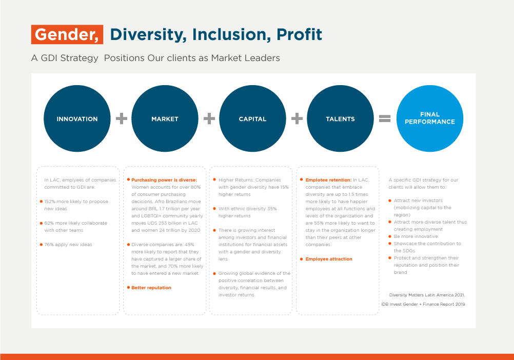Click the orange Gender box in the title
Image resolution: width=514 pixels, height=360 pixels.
pyautogui.click(x=67, y=34)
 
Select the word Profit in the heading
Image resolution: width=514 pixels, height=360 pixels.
pyautogui.click(x=299, y=34)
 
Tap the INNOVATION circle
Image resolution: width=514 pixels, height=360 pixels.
pyautogui.click(x=77, y=118)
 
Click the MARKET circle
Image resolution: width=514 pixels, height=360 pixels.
pyautogui.click(x=165, y=118)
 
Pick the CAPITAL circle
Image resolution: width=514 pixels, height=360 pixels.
pyautogui.click(x=252, y=118)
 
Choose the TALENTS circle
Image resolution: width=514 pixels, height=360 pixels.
pyautogui.click(x=340, y=118)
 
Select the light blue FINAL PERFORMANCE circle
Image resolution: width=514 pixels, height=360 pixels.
pyautogui.click(x=430, y=118)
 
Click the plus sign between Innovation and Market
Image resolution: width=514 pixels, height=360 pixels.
pyautogui.click(x=121, y=118)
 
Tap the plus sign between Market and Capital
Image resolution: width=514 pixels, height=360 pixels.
pyautogui.click(x=209, y=118)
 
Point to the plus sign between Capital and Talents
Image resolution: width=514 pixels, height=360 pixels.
pyautogui.click(x=297, y=118)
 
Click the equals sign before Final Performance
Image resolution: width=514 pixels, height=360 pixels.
pyautogui.click(x=385, y=118)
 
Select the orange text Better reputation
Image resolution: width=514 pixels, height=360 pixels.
pyautogui.click(x=151, y=288)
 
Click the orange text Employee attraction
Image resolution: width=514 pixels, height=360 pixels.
pyautogui.click(x=329, y=259)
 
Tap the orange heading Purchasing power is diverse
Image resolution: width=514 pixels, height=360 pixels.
pyautogui.click(x=164, y=180)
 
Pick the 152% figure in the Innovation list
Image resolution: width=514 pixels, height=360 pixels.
pyautogui.click(x=50, y=202)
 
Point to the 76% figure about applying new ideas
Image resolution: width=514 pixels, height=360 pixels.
pyautogui.click(x=49, y=245)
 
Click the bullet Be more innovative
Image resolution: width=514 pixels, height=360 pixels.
pyautogui.click(x=416, y=236)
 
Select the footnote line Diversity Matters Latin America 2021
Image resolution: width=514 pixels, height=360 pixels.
pyautogui.click(x=427, y=295)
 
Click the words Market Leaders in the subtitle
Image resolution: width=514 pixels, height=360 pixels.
pyautogui.click(x=246, y=58)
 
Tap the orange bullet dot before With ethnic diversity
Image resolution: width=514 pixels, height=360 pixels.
pyautogui.click(x=214, y=208)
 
